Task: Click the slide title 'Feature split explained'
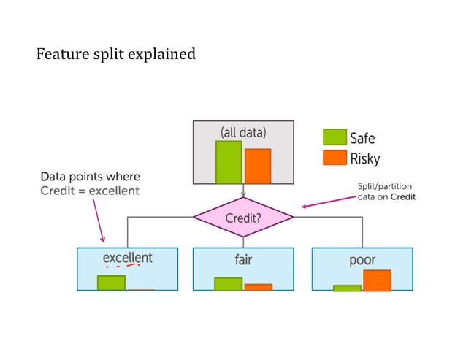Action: coord(115,54)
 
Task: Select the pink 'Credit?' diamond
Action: coord(243,217)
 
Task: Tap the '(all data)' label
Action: coord(243,132)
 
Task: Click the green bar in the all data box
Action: coord(228,161)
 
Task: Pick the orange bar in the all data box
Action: coord(258,166)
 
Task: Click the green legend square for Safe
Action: coord(335,137)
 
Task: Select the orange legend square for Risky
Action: coord(335,158)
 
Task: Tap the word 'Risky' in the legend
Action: coord(365,158)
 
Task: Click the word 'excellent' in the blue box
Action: coord(127,258)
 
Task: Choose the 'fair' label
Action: coord(243,259)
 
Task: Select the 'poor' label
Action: coord(362,259)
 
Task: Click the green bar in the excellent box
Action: coord(111,283)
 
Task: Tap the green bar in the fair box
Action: coord(228,284)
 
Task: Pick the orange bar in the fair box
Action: coord(258,287)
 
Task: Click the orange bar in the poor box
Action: coord(377,280)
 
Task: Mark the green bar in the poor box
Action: coord(347,288)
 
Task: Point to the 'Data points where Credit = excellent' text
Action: coord(90,183)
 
